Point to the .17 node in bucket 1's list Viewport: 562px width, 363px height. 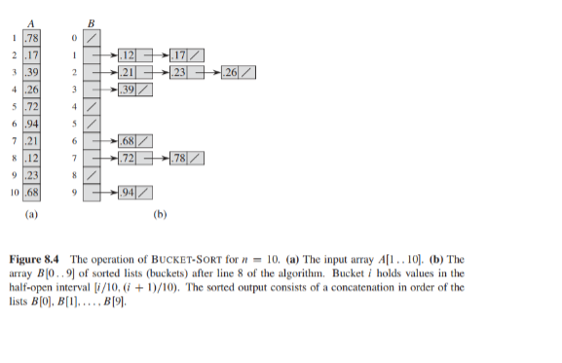point(177,54)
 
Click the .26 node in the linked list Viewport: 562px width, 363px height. point(232,73)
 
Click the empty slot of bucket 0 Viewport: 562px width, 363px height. point(92,37)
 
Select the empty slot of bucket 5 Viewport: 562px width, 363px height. point(92,125)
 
